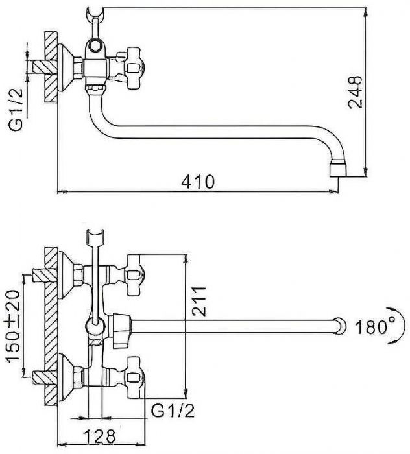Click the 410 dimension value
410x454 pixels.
pyautogui.click(x=198, y=182)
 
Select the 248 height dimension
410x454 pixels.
pyautogui.click(x=355, y=92)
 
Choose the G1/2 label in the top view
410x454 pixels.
pyautogui.click(x=16, y=110)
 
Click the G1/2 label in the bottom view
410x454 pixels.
pyautogui.click(x=173, y=411)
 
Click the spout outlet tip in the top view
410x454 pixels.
pyautogui.click(x=338, y=170)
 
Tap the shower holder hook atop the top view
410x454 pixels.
pyautogui.click(x=95, y=14)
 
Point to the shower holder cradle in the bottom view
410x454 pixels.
pyautogui.click(x=95, y=236)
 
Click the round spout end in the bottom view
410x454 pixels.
pyautogui.click(x=340, y=326)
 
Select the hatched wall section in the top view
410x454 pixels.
pyautogui.click(x=51, y=66)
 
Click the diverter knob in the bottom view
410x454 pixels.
pyautogui.click(x=122, y=330)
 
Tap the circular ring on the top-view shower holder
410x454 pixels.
pyautogui.click(x=95, y=45)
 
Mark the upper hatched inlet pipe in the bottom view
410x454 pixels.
pyautogui.click(x=44, y=275)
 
